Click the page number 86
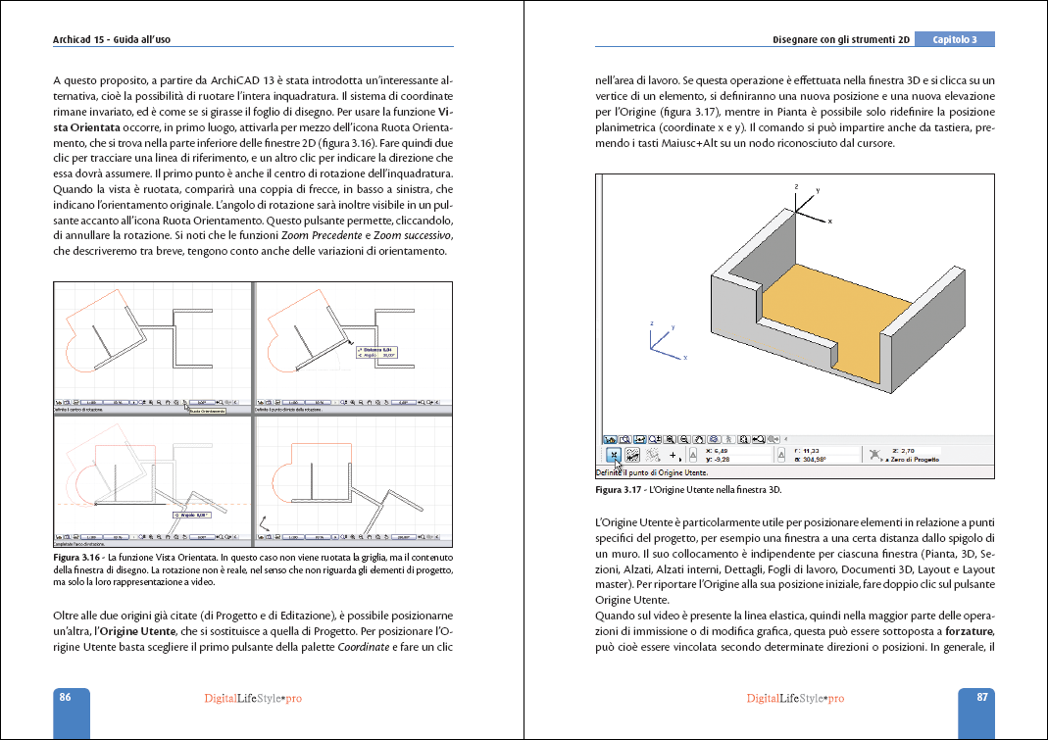pos(65,698)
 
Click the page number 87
pos(981,698)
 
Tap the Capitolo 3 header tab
pos(954,39)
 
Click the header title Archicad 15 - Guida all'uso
pos(119,39)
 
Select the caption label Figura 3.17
pos(621,489)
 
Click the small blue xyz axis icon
pos(659,339)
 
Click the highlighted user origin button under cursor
pos(612,455)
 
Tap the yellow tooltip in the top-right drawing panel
pos(378,352)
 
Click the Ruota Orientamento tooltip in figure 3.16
pos(205,412)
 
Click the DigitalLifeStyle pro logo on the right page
pos(794,698)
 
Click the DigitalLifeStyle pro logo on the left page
pos(252,698)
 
